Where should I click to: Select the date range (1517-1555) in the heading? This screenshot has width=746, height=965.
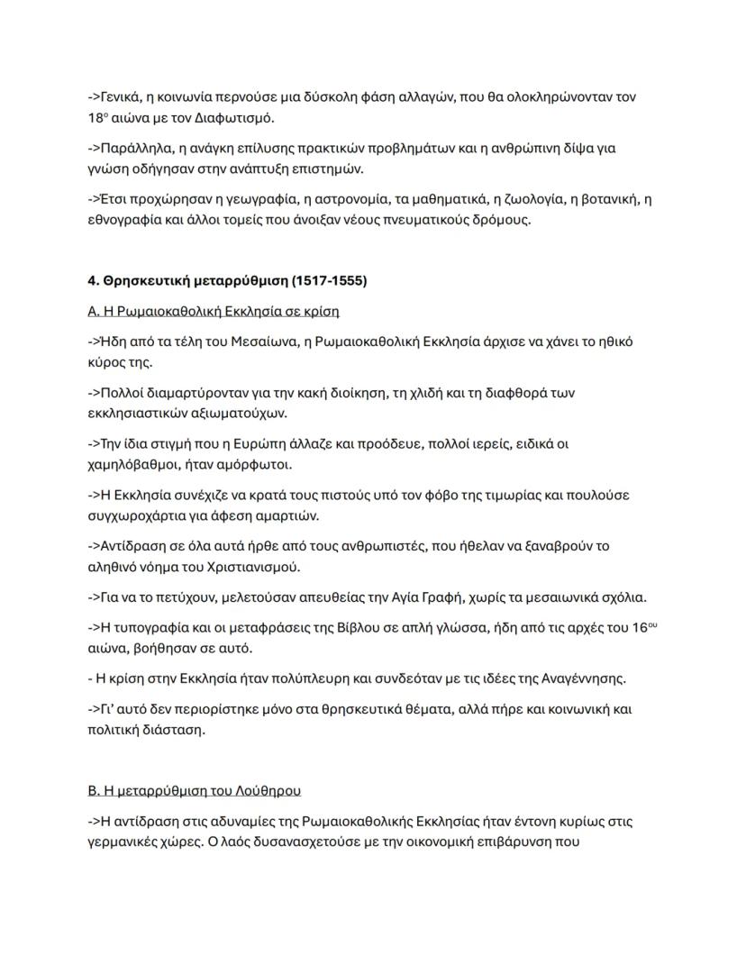(329, 281)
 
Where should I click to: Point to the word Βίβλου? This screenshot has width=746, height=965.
(367, 627)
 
